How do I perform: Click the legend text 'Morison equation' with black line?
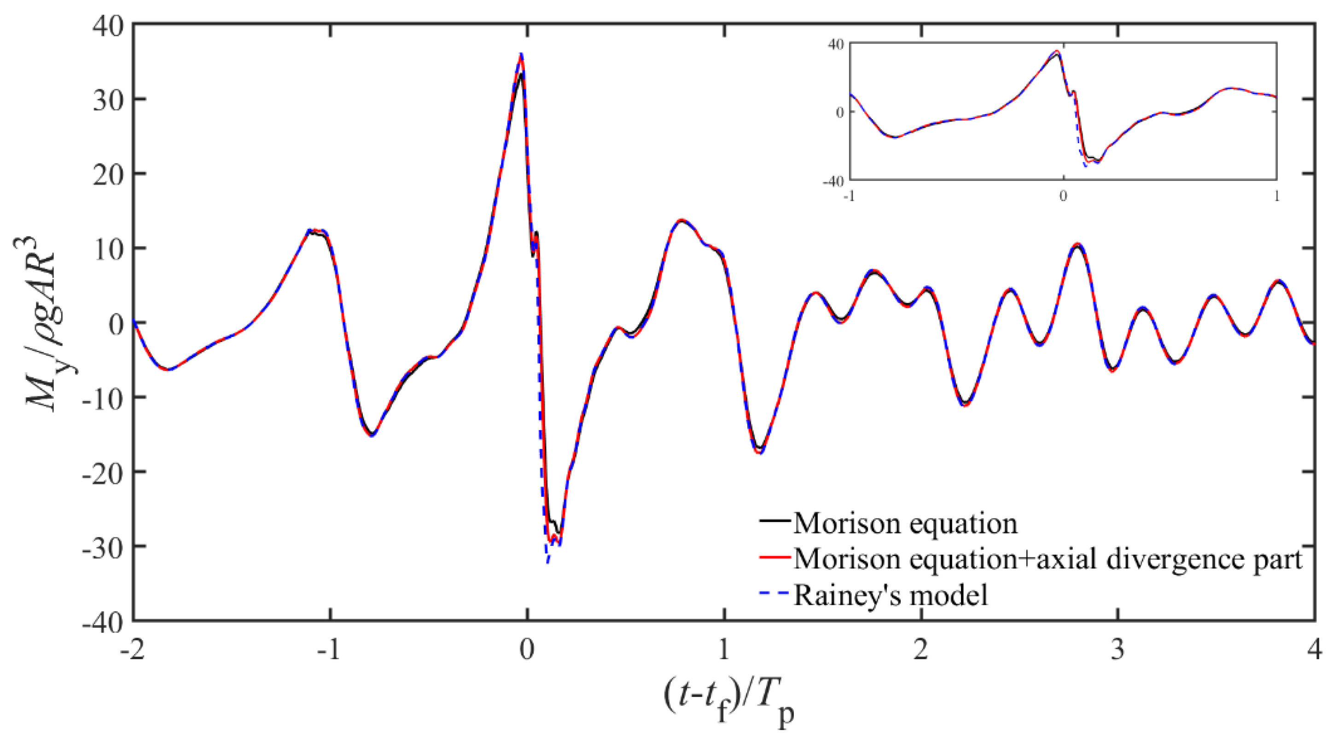pos(906,523)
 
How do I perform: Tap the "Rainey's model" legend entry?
pos(890,595)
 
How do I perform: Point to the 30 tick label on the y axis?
pos(108,99)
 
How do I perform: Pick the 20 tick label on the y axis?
pos(108,174)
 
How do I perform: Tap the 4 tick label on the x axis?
pos(1315,649)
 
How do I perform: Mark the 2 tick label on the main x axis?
pos(921,649)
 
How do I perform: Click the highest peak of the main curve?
pos(522,54)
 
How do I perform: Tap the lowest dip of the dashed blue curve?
pos(547,562)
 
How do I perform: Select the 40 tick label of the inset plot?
pos(835,45)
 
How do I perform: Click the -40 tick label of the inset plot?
pos(833,181)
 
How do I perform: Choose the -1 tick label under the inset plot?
pos(849,197)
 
